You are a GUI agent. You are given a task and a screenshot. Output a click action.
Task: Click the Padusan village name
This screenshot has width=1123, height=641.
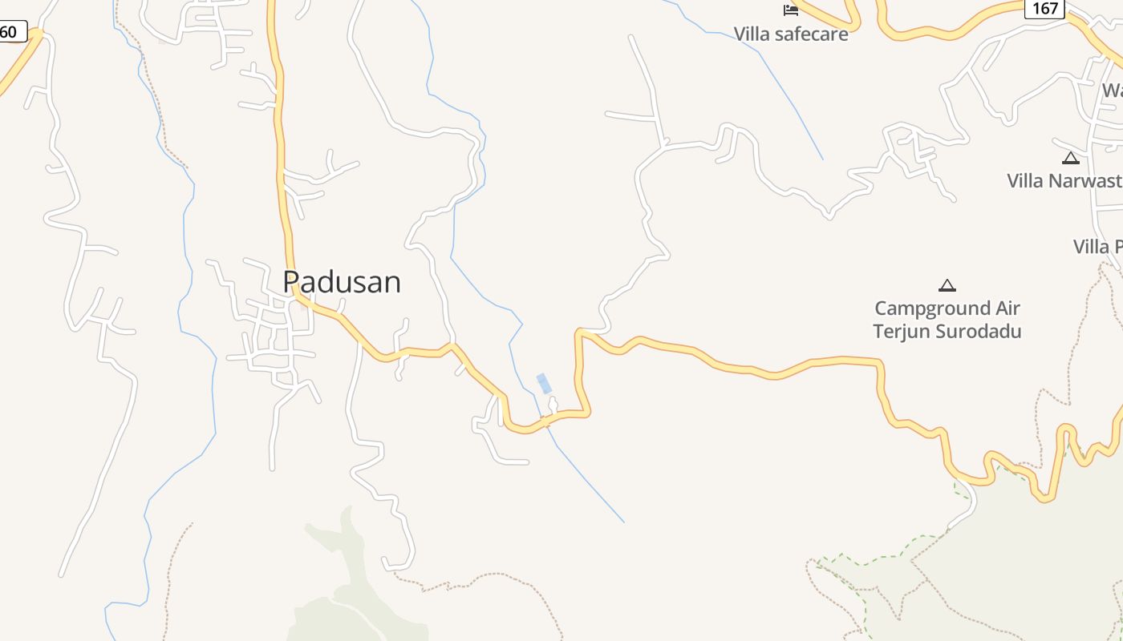pyautogui.click(x=342, y=282)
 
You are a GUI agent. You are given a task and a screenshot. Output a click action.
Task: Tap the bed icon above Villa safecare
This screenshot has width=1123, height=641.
pyautogui.click(x=791, y=10)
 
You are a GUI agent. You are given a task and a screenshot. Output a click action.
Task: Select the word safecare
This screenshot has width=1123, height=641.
pyautogui.click(x=811, y=34)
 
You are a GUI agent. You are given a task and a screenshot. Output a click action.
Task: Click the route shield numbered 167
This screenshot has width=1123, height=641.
pyautogui.click(x=1044, y=9)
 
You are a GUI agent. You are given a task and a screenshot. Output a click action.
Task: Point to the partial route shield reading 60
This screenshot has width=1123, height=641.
pyautogui.click(x=11, y=32)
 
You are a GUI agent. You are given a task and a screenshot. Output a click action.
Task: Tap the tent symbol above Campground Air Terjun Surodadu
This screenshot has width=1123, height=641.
pyautogui.click(x=947, y=285)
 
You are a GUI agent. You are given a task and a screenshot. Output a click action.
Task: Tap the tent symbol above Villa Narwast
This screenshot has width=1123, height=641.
pyautogui.click(x=1071, y=158)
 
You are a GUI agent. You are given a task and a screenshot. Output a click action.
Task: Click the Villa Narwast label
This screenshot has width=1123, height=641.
pyautogui.click(x=1065, y=180)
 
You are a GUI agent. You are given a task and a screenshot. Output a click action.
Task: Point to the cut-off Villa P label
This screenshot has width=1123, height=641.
pyautogui.click(x=1097, y=246)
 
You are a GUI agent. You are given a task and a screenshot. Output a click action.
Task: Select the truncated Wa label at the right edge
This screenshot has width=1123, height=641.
pyautogui.click(x=1112, y=90)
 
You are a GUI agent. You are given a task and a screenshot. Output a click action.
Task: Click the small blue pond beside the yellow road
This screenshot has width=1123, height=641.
pyautogui.click(x=545, y=384)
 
